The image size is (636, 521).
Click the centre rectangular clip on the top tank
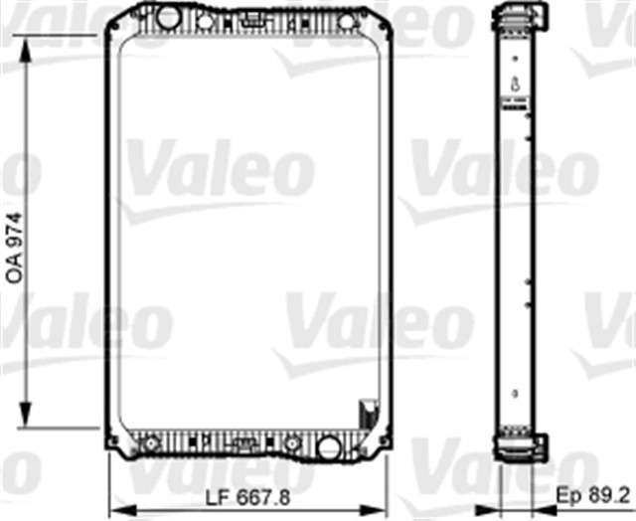coord(253,19)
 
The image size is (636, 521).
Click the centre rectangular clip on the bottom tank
coord(241,442)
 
